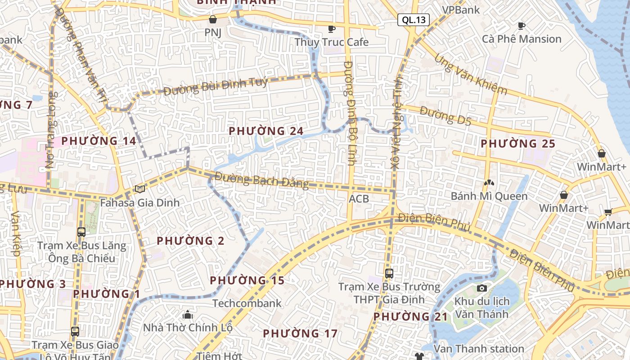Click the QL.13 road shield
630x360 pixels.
(x=414, y=20)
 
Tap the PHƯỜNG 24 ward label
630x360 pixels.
(x=266, y=131)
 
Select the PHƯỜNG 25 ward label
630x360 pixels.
(x=518, y=144)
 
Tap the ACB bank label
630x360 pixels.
(x=359, y=198)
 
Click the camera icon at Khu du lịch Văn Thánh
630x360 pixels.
(x=482, y=288)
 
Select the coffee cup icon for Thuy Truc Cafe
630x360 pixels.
(x=332, y=29)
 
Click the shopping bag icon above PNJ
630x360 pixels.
(x=213, y=19)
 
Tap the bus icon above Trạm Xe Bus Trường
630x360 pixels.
(x=389, y=273)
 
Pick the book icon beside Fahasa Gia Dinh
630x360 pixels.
(x=139, y=189)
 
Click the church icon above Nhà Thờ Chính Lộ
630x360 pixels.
(x=188, y=315)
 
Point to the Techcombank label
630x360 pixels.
(x=247, y=303)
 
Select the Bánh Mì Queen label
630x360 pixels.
(x=489, y=196)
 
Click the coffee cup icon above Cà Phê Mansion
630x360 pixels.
(x=522, y=26)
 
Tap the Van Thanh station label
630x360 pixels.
(x=479, y=349)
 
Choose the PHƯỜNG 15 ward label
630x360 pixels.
(x=247, y=280)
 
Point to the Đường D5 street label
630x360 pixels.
(x=445, y=115)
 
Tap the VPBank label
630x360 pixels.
(x=461, y=10)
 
